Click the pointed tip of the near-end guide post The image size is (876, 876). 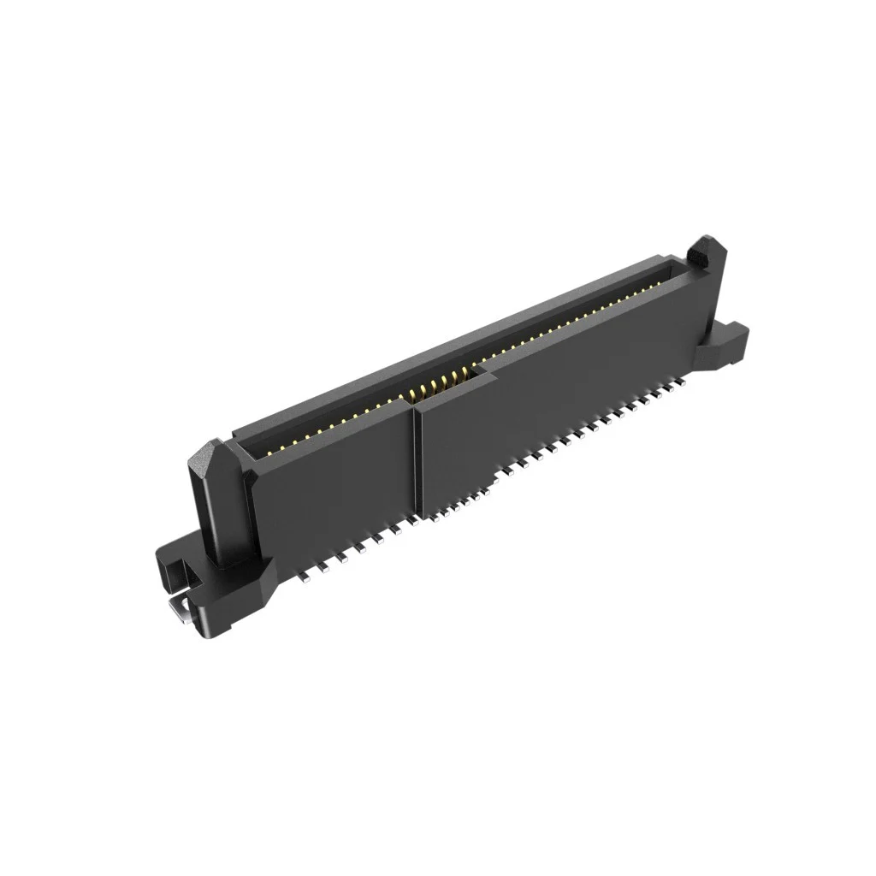coord(209,453)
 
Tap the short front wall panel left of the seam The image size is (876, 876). coord(334,479)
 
